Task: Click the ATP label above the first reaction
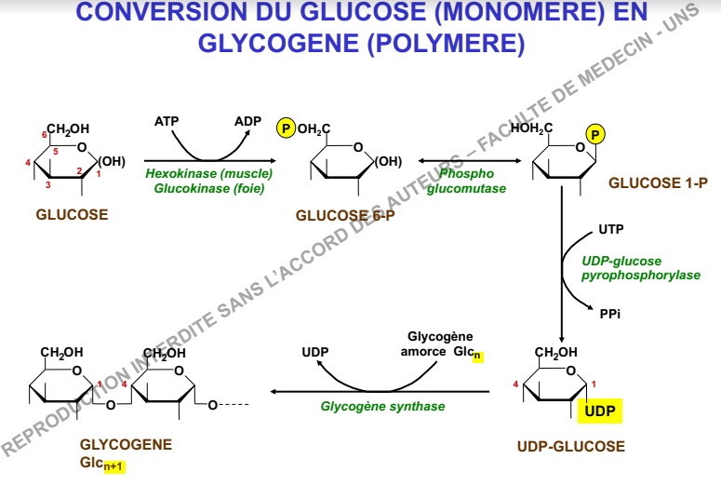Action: (x=167, y=122)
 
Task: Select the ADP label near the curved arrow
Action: (x=248, y=122)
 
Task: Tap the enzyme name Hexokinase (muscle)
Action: (x=209, y=173)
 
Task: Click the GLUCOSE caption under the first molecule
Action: (x=72, y=214)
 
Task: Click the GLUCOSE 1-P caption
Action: (x=658, y=183)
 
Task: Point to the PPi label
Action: (x=610, y=314)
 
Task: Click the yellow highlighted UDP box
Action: (x=600, y=411)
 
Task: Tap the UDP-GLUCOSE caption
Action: (x=570, y=447)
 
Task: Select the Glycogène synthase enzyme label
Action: (x=382, y=406)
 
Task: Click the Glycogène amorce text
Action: (x=440, y=344)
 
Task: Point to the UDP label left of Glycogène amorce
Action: (x=316, y=352)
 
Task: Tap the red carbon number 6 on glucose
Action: (x=45, y=135)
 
